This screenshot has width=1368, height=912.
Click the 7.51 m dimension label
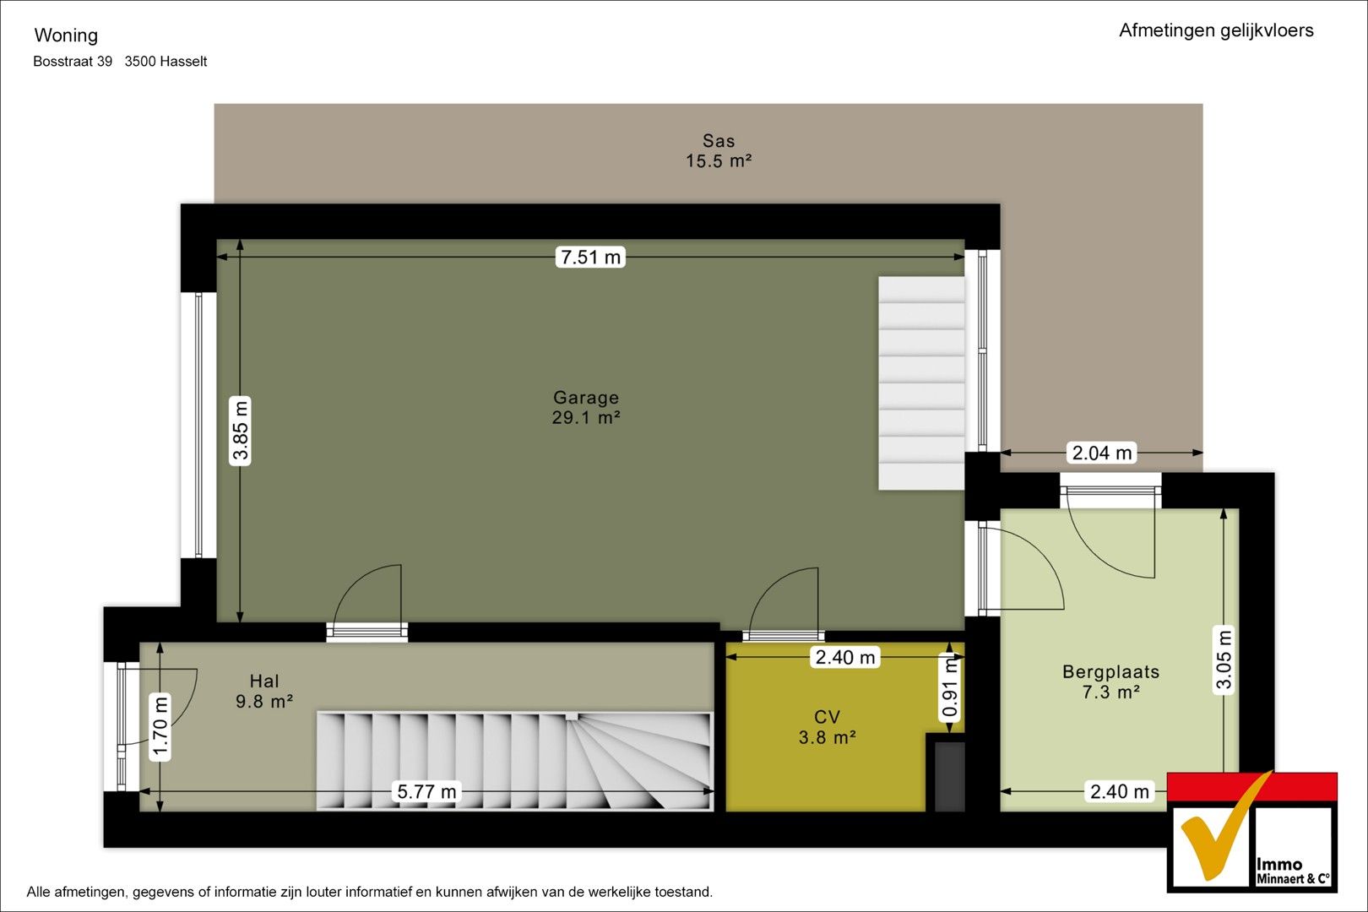click(590, 258)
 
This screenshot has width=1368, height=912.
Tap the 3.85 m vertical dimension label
click(240, 431)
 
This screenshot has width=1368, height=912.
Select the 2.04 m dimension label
click(1102, 453)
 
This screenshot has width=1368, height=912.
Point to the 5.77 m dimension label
click(426, 791)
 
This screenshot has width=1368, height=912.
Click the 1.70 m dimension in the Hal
click(160, 728)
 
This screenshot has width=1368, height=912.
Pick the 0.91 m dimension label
click(950, 688)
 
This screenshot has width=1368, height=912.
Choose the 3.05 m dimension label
click(1224, 660)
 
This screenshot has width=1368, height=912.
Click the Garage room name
click(586, 398)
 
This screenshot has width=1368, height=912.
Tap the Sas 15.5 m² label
click(718, 151)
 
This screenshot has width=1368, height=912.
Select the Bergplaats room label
click(1111, 672)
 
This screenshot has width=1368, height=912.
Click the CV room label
click(827, 717)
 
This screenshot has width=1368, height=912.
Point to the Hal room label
click(263, 681)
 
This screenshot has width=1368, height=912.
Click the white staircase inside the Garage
click(921, 383)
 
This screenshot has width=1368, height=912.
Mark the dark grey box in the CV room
click(950, 776)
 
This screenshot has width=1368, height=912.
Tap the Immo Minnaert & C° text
click(1293, 871)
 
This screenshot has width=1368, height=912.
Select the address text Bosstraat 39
click(73, 62)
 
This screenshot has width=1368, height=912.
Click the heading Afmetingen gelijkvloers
click(1216, 30)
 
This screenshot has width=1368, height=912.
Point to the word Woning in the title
click(66, 35)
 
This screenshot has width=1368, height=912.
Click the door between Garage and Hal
click(367, 632)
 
